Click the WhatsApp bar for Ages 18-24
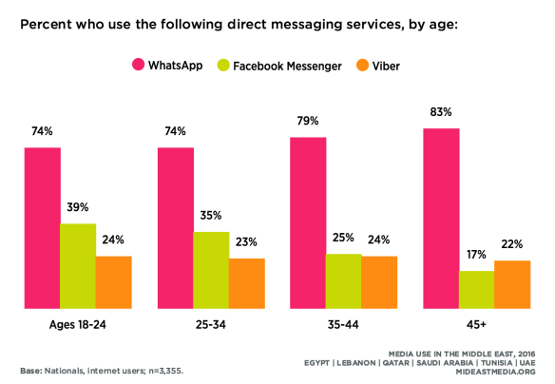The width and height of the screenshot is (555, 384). pyautogui.click(x=43, y=228)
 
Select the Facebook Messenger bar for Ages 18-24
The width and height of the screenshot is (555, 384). pyautogui.click(x=78, y=266)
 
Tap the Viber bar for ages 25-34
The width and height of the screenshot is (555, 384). pyautogui.click(x=246, y=283)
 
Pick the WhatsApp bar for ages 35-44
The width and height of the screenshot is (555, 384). pyautogui.click(x=308, y=223)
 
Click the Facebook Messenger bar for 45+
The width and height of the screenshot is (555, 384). pyautogui.click(x=476, y=290)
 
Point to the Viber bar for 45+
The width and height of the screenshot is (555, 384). pyautogui.click(x=511, y=284)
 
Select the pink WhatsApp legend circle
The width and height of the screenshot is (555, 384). pyautogui.click(x=137, y=65)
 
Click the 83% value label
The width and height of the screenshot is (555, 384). pyautogui.click(x=441, y=114)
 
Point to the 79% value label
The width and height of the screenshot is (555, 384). pyautogui.click(x=308, y=123)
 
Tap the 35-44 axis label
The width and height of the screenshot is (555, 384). pyautogui.click(x=343, y=325)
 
